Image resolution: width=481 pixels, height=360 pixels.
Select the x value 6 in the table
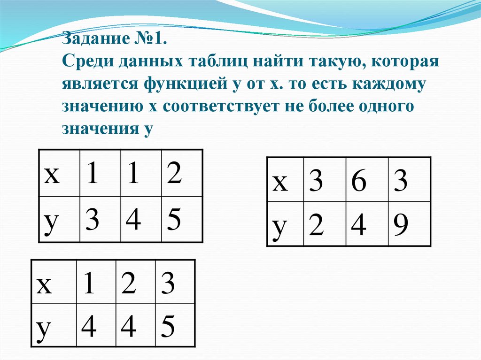358,182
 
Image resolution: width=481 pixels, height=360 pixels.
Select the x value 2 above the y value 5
174,174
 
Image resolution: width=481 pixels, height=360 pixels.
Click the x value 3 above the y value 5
168,283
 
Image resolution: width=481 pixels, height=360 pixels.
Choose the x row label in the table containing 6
280,182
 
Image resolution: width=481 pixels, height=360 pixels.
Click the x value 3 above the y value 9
401,182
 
